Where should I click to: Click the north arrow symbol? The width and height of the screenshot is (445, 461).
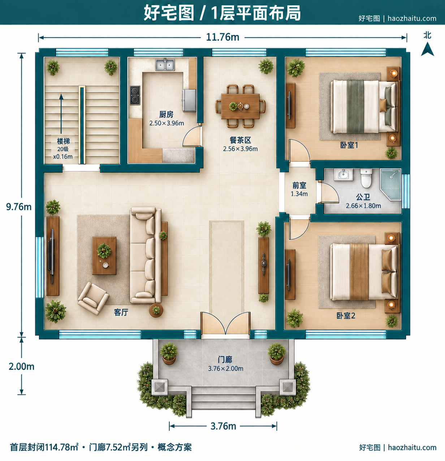[x=427, y=49]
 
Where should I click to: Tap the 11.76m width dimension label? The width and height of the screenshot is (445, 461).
[x=222, y=37]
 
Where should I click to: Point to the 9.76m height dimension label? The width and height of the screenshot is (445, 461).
[x=19, y=207]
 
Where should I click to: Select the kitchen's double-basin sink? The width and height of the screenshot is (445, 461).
[x=165, y=65]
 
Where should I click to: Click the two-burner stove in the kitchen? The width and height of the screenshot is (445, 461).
[x=135, y=95]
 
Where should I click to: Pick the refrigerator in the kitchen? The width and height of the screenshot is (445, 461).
[x=189, y=100]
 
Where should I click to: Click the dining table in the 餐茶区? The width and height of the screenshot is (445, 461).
[x=240, y=106]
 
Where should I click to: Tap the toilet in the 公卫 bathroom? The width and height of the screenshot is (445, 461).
[x=366, y=178]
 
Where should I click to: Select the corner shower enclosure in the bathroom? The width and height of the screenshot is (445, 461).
[x=390, y=184]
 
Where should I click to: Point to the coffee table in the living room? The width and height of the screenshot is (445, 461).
[x=104, y=255]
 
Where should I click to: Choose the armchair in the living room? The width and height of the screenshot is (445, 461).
[x=93, y=298]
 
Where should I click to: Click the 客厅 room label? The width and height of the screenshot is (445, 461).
[x=121, y=312]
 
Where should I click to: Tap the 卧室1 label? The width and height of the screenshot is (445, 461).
[x=349, y=145]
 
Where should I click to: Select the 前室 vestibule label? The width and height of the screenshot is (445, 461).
[x=299, y=185]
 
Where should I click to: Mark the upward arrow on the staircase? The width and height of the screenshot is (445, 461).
[x=61, y=114]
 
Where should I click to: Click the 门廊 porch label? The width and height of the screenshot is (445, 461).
[x=225, y=360]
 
